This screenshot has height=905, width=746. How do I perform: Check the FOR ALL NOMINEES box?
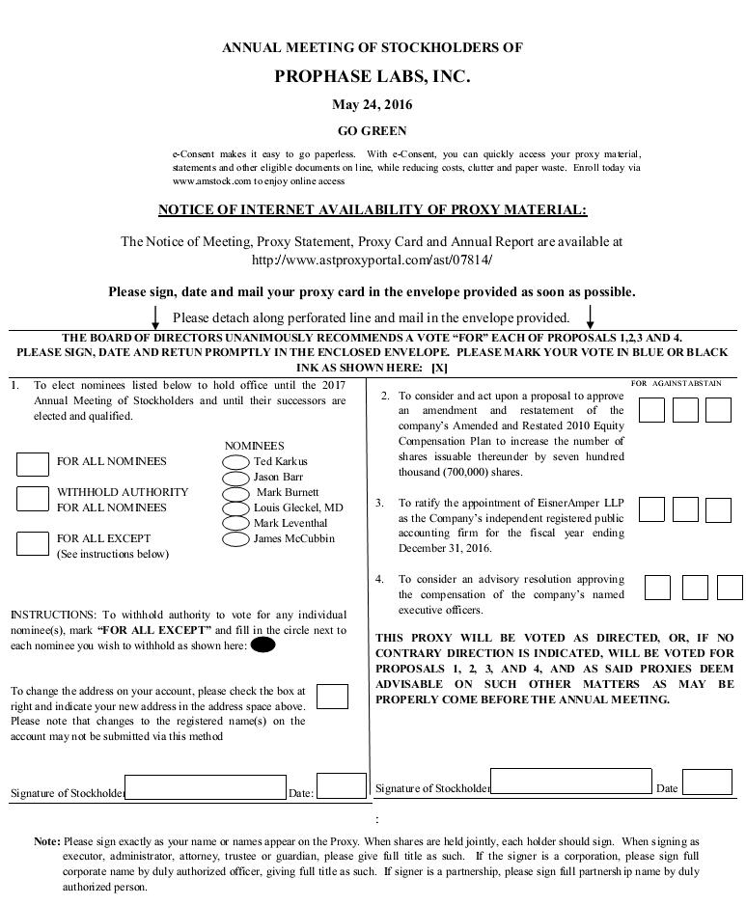click(x=33, y=463)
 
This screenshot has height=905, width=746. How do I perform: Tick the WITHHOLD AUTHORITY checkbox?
click(x=33, y=499)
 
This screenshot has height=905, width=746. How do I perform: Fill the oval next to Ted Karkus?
click(x=235, y=462)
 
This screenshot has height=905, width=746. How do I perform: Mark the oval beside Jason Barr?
click(x=235, y=478)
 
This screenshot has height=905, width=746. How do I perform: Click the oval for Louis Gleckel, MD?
click(x=235, y=508)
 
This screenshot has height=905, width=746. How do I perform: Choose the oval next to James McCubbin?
click(x=235, y=539)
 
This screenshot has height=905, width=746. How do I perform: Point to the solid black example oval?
click(x=262, y=645)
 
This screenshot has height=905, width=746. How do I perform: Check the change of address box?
click(x=332, y=697)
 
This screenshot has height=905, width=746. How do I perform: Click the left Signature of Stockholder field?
click(x=206, y=787)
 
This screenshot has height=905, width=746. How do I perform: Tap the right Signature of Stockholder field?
click(x=570, y=782)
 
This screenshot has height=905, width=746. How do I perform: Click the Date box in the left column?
click(x=342, y=786)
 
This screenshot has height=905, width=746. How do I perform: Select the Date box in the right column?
click(x=706, y=782)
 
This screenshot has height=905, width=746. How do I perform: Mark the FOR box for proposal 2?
click(x=651, y=410)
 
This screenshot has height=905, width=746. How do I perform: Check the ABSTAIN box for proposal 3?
click(x=718, y=509)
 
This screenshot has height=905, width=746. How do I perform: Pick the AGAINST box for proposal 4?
click(x=695, y=587)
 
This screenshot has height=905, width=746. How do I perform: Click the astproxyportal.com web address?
click(x=372, y=261)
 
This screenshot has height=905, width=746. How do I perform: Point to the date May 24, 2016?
click(x=372, y=105)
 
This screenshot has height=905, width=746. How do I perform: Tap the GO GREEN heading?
click(x=372, y=131)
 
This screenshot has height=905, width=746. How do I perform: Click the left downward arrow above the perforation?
click(x=156, y=316)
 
